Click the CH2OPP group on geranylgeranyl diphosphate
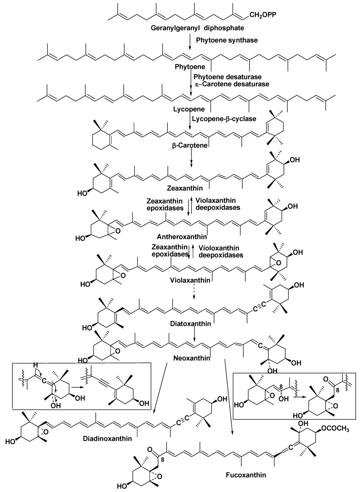tap(265, 15)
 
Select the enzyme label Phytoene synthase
tap(227, 40)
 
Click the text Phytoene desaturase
tap(227, 77)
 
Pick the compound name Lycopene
tap(184, 109)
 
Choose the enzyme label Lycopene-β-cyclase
tap(224, 119)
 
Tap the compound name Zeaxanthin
tap(190, 188)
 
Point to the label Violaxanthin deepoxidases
tap(218, 204)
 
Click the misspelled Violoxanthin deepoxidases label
tap(221, 251)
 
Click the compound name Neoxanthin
tap(192, 358)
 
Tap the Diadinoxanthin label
tap(107, 438)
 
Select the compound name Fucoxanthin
tap(246, 475)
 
